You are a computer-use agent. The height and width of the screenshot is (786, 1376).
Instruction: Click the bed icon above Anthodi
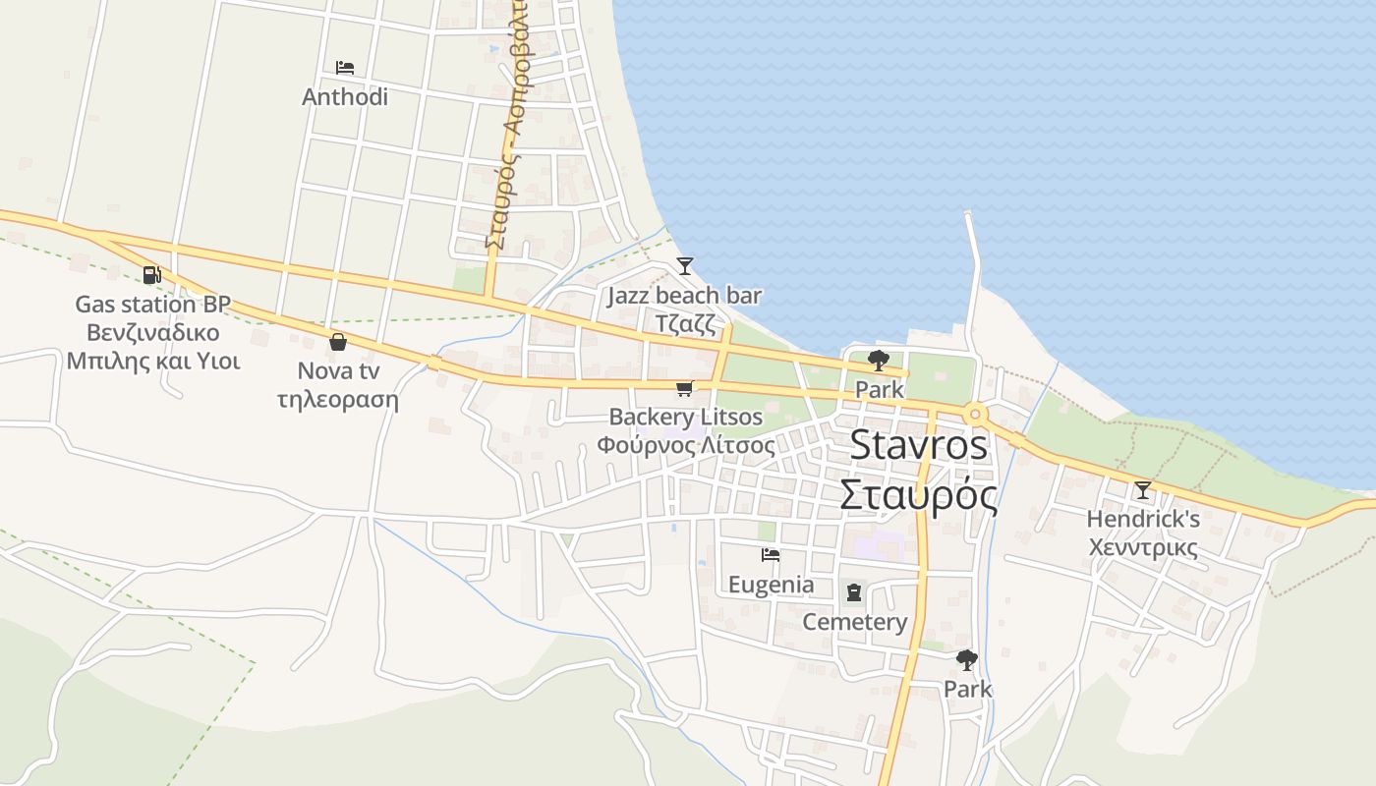(345, 68)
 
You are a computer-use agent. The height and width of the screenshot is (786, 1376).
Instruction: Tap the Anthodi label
(345, 97)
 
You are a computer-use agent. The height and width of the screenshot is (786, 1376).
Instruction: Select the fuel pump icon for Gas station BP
(151, 275)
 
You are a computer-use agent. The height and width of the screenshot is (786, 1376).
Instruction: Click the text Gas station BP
(153, 304)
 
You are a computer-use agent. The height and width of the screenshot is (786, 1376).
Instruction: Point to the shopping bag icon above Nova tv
(338, 342)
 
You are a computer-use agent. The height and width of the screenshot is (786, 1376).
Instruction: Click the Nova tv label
(338, 371)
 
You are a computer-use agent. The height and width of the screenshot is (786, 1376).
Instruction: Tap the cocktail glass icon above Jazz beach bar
(684, 266)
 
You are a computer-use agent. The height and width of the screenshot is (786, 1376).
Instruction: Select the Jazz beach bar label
(684, 295)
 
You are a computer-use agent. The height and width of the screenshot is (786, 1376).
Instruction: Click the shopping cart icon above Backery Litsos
(685, 388)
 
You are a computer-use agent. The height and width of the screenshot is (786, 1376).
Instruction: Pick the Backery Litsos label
(686, 417)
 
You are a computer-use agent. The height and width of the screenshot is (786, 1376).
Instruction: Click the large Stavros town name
(918, 444)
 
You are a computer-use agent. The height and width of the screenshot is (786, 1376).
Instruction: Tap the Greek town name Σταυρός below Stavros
(918, 494)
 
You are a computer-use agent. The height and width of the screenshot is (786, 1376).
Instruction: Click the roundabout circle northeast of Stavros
(975, 413)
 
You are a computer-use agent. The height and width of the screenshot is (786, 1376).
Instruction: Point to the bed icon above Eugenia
(771, 556)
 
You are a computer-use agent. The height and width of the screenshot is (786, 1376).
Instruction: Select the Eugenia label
(771, 585)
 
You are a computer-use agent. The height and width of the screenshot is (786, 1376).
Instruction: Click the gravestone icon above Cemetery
(854, 592)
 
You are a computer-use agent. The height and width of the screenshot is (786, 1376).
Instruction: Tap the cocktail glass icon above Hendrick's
(1142, 489)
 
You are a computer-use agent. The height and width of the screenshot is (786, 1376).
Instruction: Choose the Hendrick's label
(1143, 518)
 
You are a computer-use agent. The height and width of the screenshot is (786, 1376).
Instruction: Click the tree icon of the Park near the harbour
(879, 361)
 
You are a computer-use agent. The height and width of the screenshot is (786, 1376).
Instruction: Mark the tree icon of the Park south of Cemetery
(967, 660)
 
